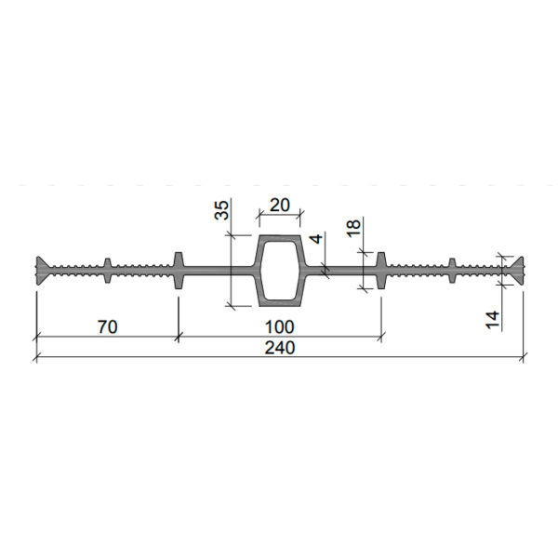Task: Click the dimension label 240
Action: (x=280, y=348)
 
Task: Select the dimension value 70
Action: (x=108, y=327)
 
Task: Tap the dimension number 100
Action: (x=280, y=327)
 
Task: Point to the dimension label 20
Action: (x=280, y=205)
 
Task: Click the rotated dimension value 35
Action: (x=221, y=210)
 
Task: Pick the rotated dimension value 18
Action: (x=353, y=229)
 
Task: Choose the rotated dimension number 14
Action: (x=493, y=320)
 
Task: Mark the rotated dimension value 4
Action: (x=316, y=238)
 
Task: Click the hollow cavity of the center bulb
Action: (x=279, y=271)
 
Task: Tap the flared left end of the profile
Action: (x=42, y=271)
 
